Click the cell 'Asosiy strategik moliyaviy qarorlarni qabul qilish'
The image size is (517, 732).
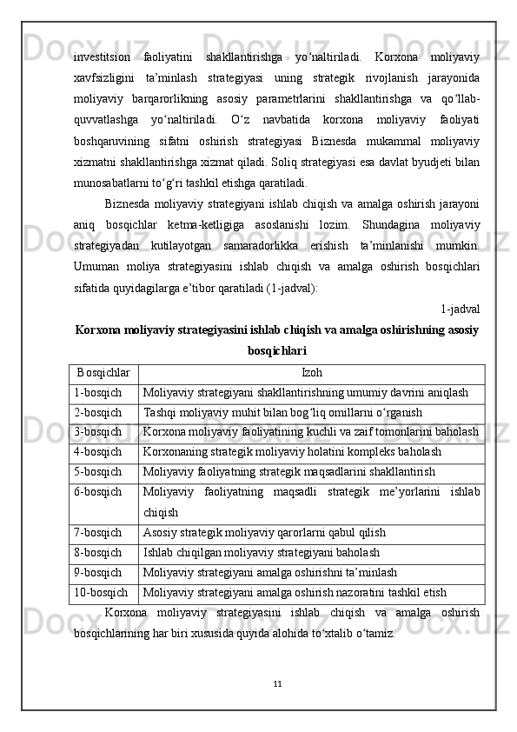click(x=265, y=532)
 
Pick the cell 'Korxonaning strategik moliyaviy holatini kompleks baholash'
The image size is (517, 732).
click(x=293, y=452)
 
